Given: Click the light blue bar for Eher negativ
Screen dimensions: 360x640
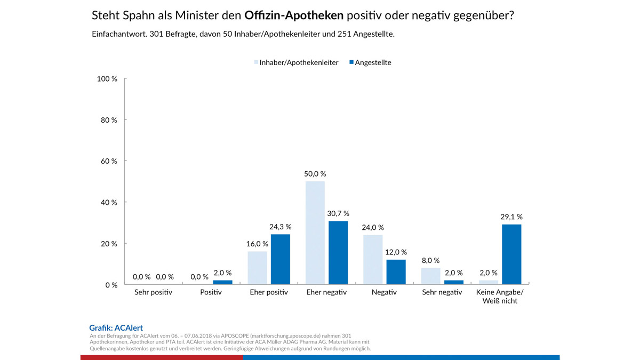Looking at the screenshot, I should click(x=315, y=233).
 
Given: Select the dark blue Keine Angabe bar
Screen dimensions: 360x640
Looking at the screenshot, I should click(x=511, y=254).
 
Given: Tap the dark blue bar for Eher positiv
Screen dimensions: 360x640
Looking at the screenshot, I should click(x=280, y=259).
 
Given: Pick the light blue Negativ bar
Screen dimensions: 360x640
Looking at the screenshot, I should click(x=373, y=260).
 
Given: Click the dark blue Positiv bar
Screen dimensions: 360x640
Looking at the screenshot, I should click(x=222, y=282).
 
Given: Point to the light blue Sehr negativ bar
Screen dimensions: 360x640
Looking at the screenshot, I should click(x=430, y=276).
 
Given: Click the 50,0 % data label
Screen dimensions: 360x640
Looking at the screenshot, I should click(x=315, y=174).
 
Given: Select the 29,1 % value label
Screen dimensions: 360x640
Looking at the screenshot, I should click(x=511, y=217).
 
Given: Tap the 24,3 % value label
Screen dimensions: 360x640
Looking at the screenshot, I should click(x=281, y=227).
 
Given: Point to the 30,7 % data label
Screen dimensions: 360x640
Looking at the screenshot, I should click(x=338, y=213).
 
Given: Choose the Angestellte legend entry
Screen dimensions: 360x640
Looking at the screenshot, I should click(x=373, y=62).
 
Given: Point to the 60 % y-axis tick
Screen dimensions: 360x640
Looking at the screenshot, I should click(x=109, y=161).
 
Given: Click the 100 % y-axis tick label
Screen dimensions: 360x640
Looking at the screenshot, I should click(x=107, y=79).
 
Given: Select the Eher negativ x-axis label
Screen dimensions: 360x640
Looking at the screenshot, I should click(x=326, y=293).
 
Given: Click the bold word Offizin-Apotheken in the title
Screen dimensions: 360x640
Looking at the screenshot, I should click(x=294, y=15).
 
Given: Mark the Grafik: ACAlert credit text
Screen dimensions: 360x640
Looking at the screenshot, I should click(x=116, y=328).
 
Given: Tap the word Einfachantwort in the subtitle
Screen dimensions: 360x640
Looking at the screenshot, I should click(x=118, y=34).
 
